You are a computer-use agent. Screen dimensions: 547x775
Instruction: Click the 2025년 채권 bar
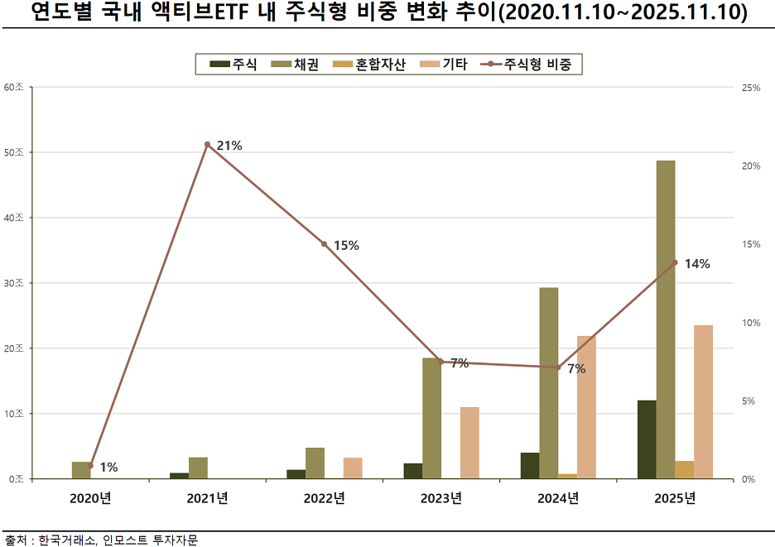pyautogui.click(x=666, y=319)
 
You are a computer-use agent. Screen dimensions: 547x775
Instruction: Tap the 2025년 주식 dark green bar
pyautogui.click(x=647, y=439)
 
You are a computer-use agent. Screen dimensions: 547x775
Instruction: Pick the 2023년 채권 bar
pyautogui.click(x=431, y=418)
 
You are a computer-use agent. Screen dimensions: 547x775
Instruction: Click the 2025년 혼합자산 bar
pyautogui.click(x=685, y=470)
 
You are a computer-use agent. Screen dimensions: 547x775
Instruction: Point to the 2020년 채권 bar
pyautogui.click(x=81, y=470)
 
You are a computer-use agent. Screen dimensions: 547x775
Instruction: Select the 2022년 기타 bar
pyautogui.click(x=353, y=468)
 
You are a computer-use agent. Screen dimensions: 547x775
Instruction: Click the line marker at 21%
pyautogui.click(x=208, y=145)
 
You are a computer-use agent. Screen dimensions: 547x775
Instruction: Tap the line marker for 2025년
pyautogui.click(x=675, y=262)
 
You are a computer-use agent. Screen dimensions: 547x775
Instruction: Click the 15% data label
pyautogui.click(x=346, y=245)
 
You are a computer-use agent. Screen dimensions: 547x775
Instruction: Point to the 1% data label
pyautogui.click(x=108, y=468)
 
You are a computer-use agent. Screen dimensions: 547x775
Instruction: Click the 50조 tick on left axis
pyautogui.click(x=14, y=153)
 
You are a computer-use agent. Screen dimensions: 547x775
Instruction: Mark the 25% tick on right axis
pyautogui.click(x=750, y=88)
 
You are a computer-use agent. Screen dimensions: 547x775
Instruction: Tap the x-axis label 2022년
pyautogui.click(x=324, y=498)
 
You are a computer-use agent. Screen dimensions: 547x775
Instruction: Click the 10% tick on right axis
pyautogui.click(x=750, y=323)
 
